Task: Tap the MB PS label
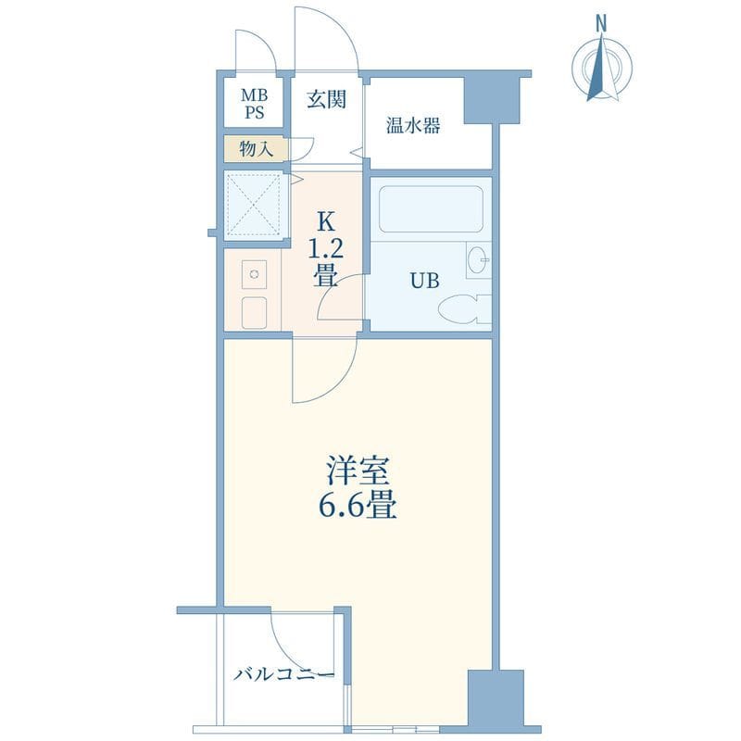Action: coord(253,104)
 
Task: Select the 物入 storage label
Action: coord(256,148)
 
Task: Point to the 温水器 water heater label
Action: coord(412,126)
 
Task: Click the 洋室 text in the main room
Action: coord(350,471)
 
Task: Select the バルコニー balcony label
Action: coord(283,675)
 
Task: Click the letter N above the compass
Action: coord(601,22)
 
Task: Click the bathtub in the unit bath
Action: coord(431,210)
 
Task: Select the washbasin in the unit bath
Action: coord(477,261)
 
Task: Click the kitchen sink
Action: coord(253,275)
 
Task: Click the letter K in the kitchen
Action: coord(325,222)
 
